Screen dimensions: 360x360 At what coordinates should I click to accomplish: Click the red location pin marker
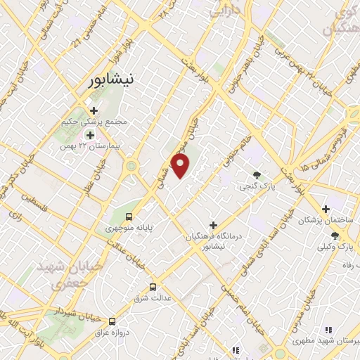(x=181, y=166)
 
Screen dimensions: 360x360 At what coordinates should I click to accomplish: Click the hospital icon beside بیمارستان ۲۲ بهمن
(x=89, y=134)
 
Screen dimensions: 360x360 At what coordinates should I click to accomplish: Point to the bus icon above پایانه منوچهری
(x=129, y=217)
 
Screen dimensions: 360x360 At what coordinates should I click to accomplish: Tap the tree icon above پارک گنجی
(x=257, y=176)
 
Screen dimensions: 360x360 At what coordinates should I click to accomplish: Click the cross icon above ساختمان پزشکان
(x=325, y=209)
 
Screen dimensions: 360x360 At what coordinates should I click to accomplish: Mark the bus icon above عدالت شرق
(x=153, y=287)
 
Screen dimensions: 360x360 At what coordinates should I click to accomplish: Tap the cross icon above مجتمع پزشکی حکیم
(x=94, y=110)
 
